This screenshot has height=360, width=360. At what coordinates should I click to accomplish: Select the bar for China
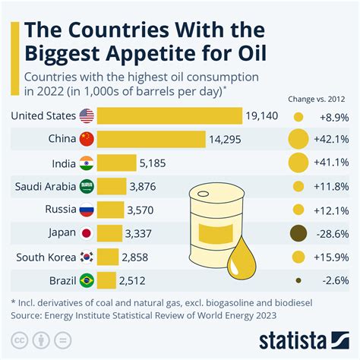pos(152,140)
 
